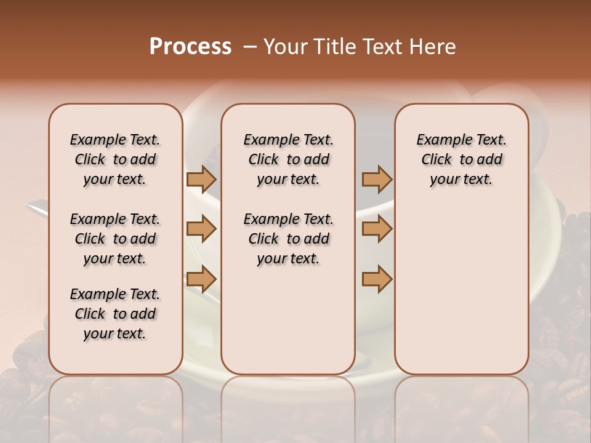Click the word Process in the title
point(190,47)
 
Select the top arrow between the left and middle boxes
point(201,179)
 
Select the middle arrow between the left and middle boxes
point(201,229)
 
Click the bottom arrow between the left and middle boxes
point(201,279)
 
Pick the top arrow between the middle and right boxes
point(377,179)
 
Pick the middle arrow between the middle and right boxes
point(377,229)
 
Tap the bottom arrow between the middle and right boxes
point(377,279)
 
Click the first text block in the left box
point(115,159)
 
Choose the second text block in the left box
point(115,239)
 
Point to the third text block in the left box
point(115,314)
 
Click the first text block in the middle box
point(288,159)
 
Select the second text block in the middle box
point(288,239)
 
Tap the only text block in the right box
point(461,159)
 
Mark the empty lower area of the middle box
point(288,320)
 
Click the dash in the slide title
point(250,47)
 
